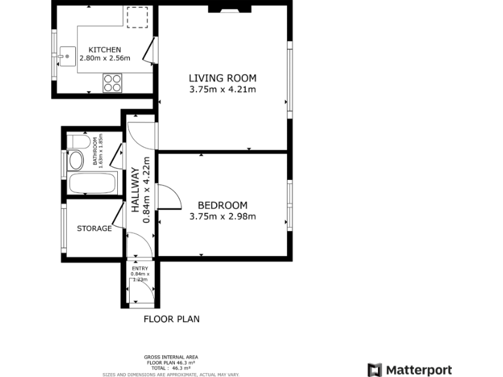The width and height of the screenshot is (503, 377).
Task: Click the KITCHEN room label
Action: coord(105,50)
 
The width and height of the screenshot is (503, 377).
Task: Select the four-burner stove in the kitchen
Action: coord(112,82)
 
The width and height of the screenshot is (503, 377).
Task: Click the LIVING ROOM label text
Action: coord(223,79)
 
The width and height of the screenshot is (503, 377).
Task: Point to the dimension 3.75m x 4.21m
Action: coord(223,90)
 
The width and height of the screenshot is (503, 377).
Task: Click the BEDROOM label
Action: coord(223,205)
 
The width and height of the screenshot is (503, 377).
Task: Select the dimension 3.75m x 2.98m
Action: coord(223,217)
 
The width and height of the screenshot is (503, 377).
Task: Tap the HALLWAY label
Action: coord(136,190)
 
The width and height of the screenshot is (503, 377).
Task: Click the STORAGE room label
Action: coord(94,228)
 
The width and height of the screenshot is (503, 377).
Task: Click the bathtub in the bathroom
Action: coord(92,183)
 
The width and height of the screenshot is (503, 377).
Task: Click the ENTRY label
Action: coord(140,268)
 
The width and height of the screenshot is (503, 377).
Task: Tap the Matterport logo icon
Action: coord(375,370)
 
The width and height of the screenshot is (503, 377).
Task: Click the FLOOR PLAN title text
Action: coord(172,319)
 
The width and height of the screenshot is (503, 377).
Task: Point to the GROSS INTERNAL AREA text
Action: coord(171,357)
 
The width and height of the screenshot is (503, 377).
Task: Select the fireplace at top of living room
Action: coord(229,9)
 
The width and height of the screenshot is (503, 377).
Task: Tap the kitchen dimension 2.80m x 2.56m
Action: coord(105,58)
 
